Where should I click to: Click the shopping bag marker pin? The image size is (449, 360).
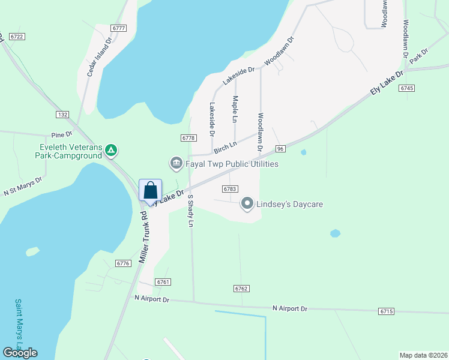[151, 191]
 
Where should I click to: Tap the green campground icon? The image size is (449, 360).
[111, 149]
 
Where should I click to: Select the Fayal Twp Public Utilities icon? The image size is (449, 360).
[176, 163]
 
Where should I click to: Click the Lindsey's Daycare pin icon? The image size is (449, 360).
[247, 204]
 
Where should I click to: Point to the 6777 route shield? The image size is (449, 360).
[119, 28]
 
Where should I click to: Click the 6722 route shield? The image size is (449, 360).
[17, 37]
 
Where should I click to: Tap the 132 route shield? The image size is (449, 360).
[62, 114]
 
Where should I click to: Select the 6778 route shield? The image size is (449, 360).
[188, 138]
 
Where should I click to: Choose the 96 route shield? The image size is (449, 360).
[280, 148]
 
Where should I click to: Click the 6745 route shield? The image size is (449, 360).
[406, 88]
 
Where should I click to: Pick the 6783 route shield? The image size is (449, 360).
[229, 188]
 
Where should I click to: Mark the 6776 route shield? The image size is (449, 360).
[124, 263]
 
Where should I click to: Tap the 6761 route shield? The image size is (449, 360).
[163, 281]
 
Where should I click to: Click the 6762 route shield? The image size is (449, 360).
[241, 289]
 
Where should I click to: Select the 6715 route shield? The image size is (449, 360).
[387, 311]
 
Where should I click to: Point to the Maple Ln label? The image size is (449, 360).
[235, 107]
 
